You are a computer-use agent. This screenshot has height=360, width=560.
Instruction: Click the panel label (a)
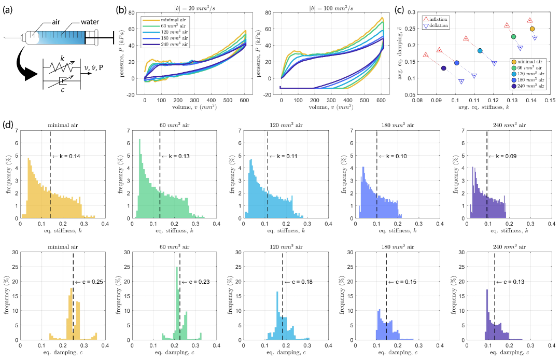click(x=9, y=9)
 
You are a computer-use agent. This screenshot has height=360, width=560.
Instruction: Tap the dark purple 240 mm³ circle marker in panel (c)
click(x=444, y=68)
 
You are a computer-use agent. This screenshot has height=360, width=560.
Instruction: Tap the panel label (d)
click(x=9, y=125)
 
